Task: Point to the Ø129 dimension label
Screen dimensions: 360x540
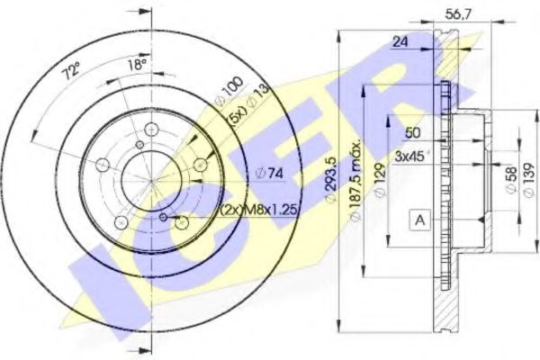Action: (x=383, y=179)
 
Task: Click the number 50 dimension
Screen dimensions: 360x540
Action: (x=413, y=133)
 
